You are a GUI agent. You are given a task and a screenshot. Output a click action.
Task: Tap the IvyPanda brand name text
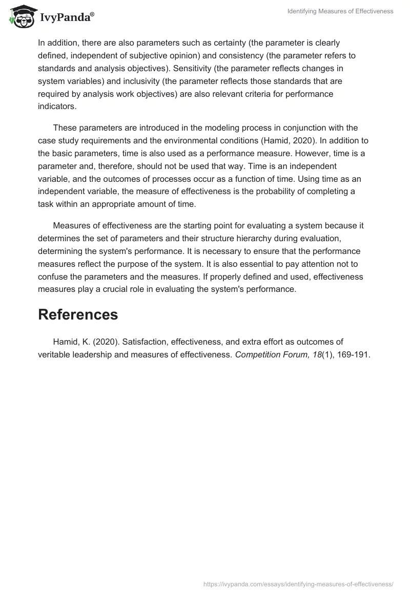coord(66,17)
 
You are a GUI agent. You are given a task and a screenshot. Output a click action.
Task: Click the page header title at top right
coord(341,11)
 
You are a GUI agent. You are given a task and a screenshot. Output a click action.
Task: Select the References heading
coord(78,314)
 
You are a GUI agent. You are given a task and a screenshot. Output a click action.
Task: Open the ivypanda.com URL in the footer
coord(298,583)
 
